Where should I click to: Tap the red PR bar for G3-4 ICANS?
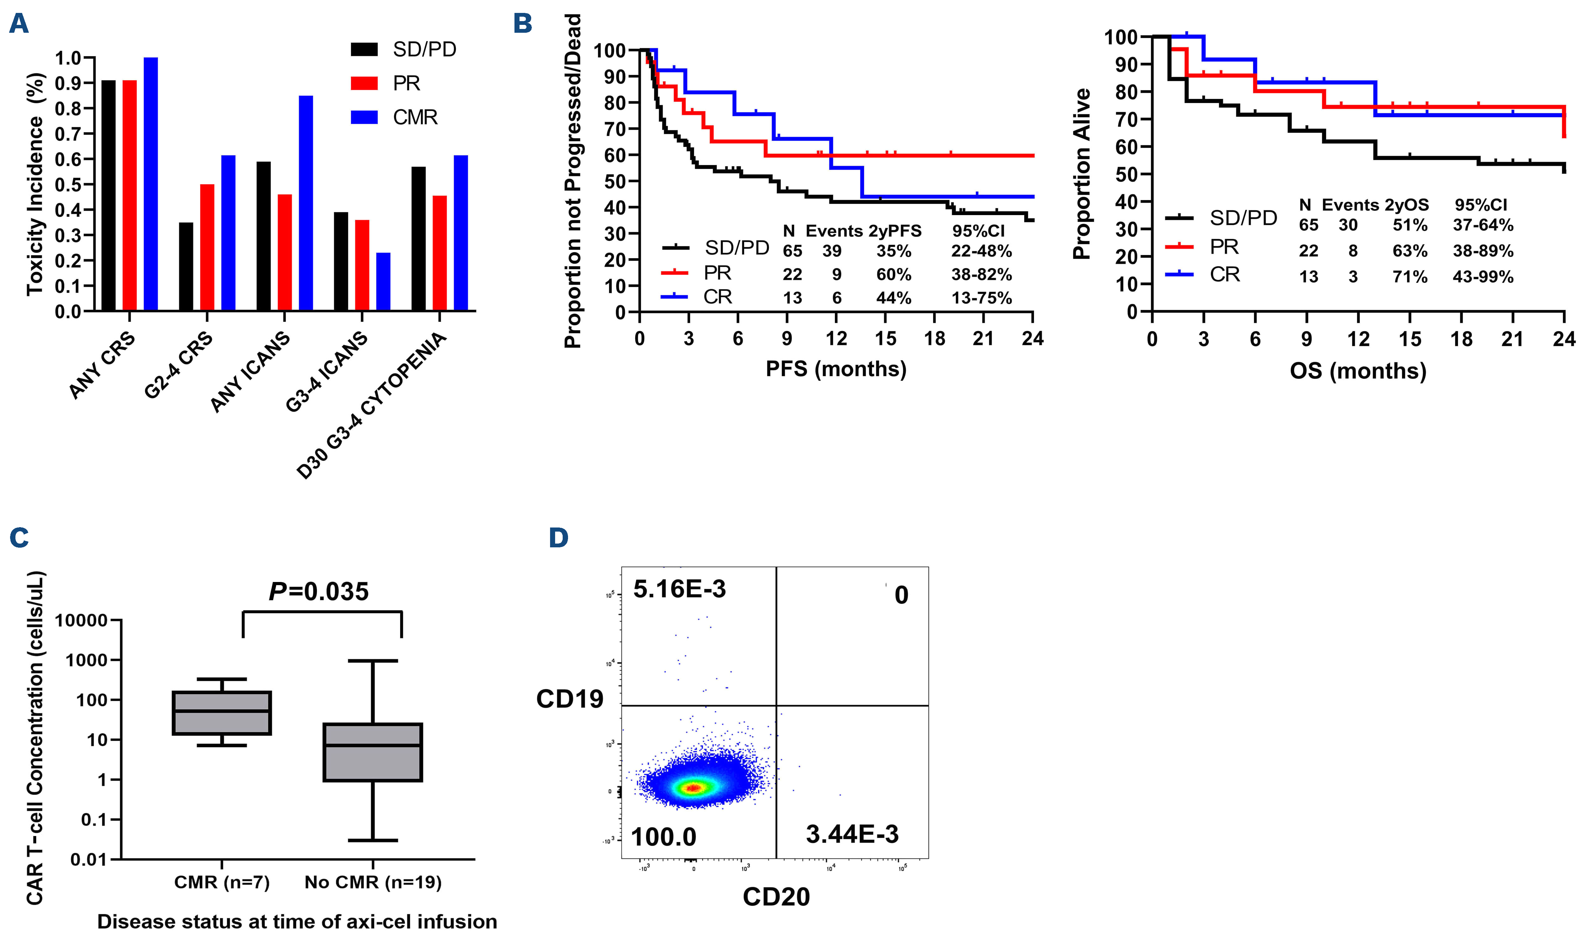pos(362,265)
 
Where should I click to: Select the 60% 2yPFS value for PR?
pos(894,275)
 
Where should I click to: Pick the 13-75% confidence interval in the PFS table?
pos(981,298)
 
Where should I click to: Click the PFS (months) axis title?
pos(836,369)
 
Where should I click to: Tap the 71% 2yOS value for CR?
pos(1409,277)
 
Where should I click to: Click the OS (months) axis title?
pos(1358,371)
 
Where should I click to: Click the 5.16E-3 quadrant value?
pos(679,589)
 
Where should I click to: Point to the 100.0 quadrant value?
pos(663,837)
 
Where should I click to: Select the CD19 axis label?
pos(570,699)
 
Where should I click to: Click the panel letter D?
pos(558,538)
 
